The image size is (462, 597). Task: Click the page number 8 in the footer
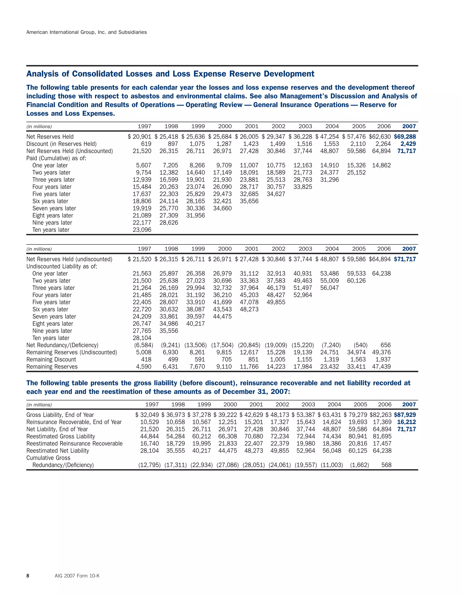[28, 576]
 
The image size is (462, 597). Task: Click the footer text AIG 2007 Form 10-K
[77, 576]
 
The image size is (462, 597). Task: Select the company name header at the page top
[86, 32]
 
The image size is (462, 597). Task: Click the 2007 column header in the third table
[409, 405]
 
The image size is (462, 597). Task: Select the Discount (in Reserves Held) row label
[61, 144]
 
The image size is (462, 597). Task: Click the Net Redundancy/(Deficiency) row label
[62, 345]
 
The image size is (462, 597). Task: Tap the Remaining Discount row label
[51, 360]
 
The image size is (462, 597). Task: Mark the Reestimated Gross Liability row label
[60, 437]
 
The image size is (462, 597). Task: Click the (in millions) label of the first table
[39, 127]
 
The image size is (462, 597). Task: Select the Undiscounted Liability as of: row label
[62, 267]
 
